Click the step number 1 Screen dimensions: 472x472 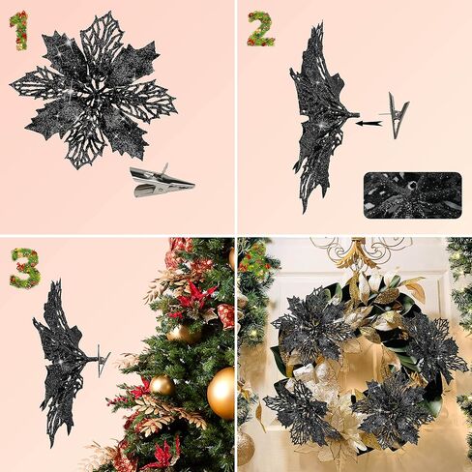tap(18, 30)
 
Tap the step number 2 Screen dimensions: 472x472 tap(261, 29)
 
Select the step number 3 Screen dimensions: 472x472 tap(24, 268)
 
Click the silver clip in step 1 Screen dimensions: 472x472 tap(162, 181)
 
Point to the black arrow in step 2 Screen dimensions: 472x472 tap(369, 123)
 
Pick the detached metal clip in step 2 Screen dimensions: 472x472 tap(396, 115)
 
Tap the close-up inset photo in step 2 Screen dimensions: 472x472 tap(413, 195)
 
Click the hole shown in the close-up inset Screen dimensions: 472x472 tap(413, 186)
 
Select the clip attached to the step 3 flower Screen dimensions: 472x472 tap(103, 360)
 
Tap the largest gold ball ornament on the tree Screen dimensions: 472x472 tap(221, 394)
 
